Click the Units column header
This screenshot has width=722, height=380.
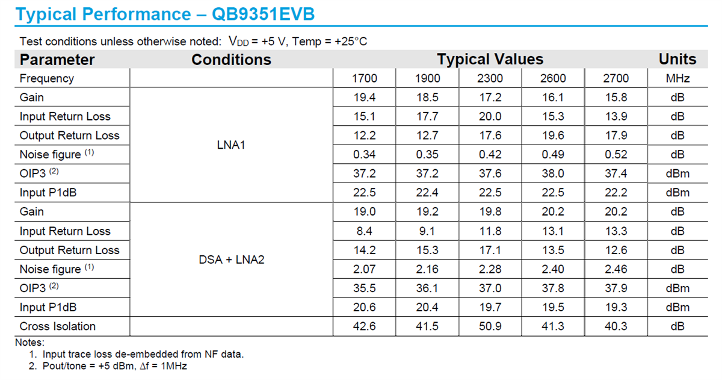[x=677, y=60]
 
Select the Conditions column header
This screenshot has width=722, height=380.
[x=231, y=60]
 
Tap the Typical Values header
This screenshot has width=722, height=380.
[x=490, y=60]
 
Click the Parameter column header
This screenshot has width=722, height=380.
[x=57, y=60]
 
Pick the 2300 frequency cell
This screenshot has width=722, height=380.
[x=490, y=78]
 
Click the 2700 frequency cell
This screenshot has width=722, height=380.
[x=616, y=78]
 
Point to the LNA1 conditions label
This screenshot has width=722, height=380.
[x=231, y=145]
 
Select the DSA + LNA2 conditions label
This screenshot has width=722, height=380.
[x=231, y=260]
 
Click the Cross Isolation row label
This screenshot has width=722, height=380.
[x=58, y=326]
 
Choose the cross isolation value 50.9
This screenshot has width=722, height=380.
[x=490, y=326]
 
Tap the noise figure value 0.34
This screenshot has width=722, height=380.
[x=365, y=155]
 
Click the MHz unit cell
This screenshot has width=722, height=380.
[x=677, y=78]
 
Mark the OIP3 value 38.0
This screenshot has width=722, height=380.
[x=554, y=174]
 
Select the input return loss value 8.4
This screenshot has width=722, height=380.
[x=365, y=231]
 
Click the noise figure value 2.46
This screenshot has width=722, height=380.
[x=616, y=269]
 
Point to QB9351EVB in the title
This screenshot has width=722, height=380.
[x=263, y=14]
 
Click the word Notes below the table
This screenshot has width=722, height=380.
[x=31, y=343]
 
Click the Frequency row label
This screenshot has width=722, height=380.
[x=47, y=78]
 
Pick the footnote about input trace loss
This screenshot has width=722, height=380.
[x=137, y=354]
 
